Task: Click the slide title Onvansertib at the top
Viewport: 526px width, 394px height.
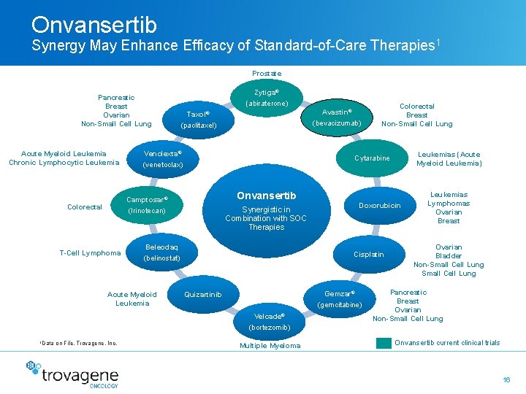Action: tap(94, 25)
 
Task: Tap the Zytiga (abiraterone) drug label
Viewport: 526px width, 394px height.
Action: tap(266, 98)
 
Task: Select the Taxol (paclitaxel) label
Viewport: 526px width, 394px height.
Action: tap(198, 120)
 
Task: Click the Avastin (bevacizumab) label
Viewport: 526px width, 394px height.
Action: tap(337, 117)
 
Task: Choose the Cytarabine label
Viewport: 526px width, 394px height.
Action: tap(372, 158)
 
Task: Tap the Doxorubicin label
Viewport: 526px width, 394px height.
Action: tap(379, 206)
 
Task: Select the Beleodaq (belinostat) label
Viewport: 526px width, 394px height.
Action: tap(161, 252)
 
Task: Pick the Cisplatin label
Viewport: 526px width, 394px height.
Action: tap(368, 255)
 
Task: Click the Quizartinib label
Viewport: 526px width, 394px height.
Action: tap(202, 295)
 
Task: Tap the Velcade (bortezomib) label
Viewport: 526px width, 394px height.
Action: tap(270, 322)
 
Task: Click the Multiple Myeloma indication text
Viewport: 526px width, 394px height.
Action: tap(270, 346)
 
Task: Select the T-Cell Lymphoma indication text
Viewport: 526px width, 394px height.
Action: tap(90, 253)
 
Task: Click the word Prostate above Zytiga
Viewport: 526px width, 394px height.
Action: tap(266, 74)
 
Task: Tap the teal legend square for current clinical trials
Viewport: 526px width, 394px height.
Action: tap(384, 343)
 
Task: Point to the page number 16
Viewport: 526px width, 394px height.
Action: tap(506, 380)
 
